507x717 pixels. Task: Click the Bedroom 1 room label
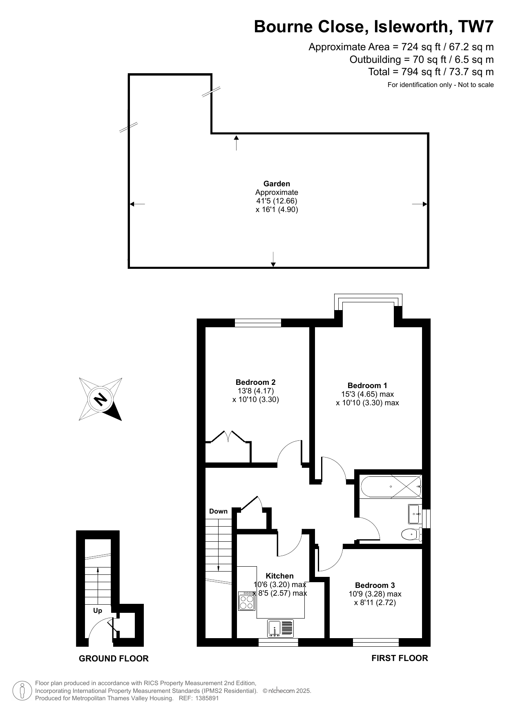(367, 385)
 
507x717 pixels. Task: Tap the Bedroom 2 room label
(255, 382)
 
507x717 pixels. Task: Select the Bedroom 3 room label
(375, 585)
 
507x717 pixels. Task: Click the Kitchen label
(279, 576)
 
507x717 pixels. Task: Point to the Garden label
(277, 184)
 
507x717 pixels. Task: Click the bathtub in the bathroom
(391, 487)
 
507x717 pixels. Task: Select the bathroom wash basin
(415, 514)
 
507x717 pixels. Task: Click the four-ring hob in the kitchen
(247, 601)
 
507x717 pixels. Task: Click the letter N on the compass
(100, 399)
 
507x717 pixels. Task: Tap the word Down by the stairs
(218, 511)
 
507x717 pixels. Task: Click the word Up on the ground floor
(97, 610)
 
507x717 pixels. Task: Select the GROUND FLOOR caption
(114, 658)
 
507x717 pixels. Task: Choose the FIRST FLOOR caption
(400, 658)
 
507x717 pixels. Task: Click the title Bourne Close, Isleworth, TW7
(374, 27)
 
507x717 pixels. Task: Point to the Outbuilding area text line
(422, 60)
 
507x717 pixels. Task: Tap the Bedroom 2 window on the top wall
(258, 323)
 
